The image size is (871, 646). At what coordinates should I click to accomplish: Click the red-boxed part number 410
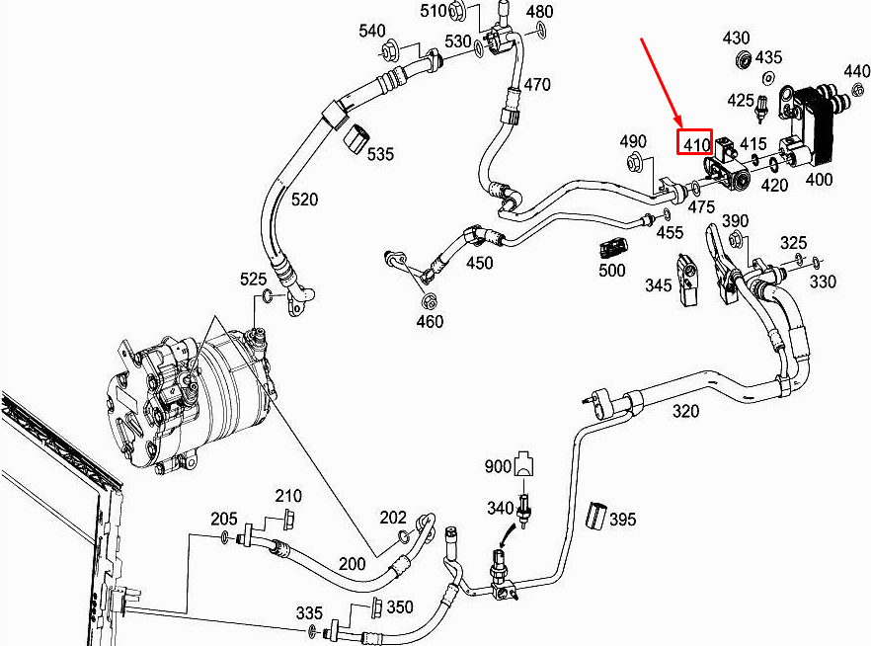(695, 144)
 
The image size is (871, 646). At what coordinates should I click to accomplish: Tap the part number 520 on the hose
(304, 200)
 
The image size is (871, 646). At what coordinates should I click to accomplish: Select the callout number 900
(498, 465)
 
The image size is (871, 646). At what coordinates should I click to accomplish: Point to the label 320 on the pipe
(686, 412)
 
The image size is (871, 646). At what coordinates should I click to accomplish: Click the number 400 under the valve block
(819, 180)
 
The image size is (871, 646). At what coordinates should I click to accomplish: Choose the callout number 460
(430, 321)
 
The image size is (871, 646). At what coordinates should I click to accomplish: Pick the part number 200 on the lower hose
(353, 563)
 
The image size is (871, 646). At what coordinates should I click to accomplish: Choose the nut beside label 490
(637, 162)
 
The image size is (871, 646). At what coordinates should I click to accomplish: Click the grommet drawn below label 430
(744, 59)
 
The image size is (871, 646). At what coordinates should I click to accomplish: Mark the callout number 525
(254, 280)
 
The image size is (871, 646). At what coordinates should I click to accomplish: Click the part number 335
(310, 613)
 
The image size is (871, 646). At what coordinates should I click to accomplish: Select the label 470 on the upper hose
(536, 85)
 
